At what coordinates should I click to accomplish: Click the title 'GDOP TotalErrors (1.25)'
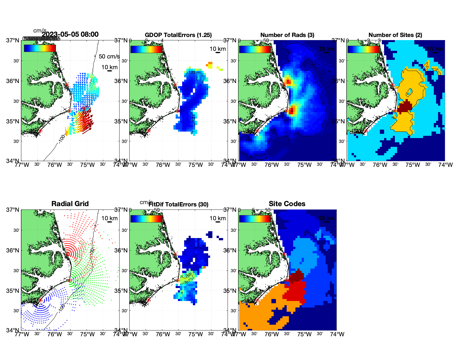[178, 35]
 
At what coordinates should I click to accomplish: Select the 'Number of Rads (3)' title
[287, 35]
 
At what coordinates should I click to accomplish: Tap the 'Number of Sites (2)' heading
[395, 35]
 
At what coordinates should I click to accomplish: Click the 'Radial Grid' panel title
[70, 204]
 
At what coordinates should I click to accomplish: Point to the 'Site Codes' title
[287, 204]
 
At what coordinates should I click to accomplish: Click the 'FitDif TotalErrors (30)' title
[178, 204]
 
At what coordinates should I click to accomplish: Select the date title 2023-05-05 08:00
[70, 34]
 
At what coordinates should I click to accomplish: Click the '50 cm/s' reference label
[109, 56]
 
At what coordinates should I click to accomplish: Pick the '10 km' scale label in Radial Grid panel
[110, 218]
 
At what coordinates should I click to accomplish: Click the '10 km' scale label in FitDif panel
[218, 218]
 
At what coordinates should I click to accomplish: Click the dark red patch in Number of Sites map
[404, 107]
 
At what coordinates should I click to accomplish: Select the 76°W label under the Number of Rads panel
[272, 165]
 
